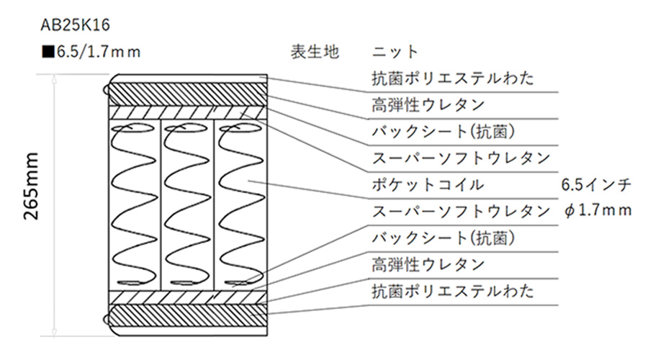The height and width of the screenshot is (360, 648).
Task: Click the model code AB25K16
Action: [x=75, y=25]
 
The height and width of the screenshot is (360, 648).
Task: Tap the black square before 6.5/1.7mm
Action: [x=48, y=52]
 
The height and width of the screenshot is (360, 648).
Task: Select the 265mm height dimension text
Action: [x=31, y=186]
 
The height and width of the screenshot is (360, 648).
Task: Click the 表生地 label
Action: [x=315, y=52]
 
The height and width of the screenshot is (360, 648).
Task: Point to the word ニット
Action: [x=395, y=52]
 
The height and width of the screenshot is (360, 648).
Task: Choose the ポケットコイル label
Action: [x=427, y=184]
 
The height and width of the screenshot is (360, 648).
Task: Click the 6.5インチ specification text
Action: [x=596, y=184]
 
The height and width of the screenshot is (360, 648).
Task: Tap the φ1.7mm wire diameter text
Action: [x=598, y=211]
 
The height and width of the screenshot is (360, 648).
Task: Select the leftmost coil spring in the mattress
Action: [x=133, y=205]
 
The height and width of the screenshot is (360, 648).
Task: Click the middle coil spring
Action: [x=187, y=205]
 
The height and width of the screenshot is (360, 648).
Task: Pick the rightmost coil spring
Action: [x=241, y=205]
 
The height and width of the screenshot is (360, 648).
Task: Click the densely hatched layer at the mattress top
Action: [x=187, y=94]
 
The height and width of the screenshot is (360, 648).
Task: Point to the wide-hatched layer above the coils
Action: [x=187, y=112]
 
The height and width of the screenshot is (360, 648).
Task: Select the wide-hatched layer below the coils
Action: [x=187, y=297]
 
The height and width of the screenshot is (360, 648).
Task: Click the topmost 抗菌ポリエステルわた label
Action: [x=453, y=78]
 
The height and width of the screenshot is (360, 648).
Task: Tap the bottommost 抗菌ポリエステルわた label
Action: [x=453, y=292]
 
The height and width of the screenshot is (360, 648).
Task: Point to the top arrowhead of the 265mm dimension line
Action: [x=54, y=78]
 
